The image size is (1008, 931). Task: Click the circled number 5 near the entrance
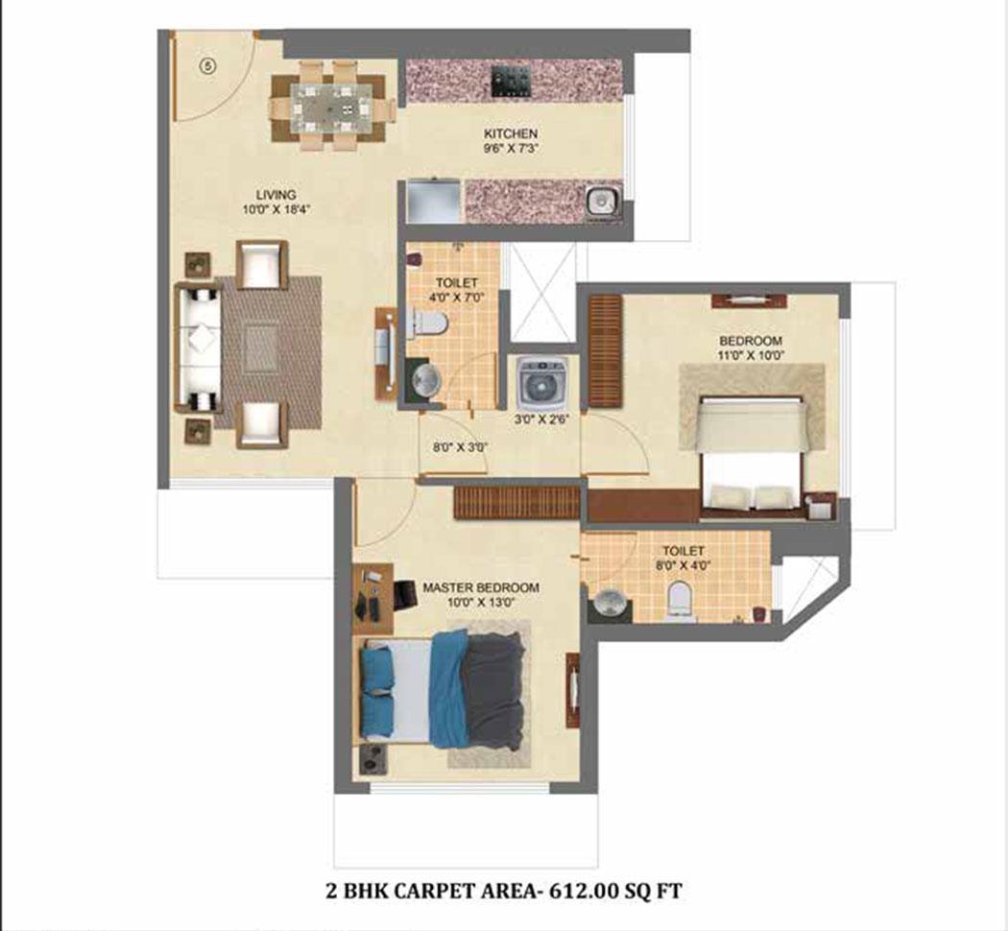[x=207, y=66]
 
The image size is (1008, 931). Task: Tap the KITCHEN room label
[x=511, y=133]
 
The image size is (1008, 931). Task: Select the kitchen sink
[x=602, y=202]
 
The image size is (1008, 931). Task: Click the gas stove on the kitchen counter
[x=512, y=82]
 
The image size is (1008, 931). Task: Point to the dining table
[x=330, y=108]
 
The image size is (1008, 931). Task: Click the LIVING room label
[x=276, y=195]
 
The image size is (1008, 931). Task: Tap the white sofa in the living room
[x=198, y=347]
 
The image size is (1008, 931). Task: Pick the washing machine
[x=542, y=383]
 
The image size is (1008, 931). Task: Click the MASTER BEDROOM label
[x=480, y=587]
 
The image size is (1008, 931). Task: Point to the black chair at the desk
[x=406, y=594]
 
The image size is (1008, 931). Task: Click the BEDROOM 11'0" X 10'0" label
[x=750, y=347]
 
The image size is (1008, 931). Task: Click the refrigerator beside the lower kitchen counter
[x=433, y=202]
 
